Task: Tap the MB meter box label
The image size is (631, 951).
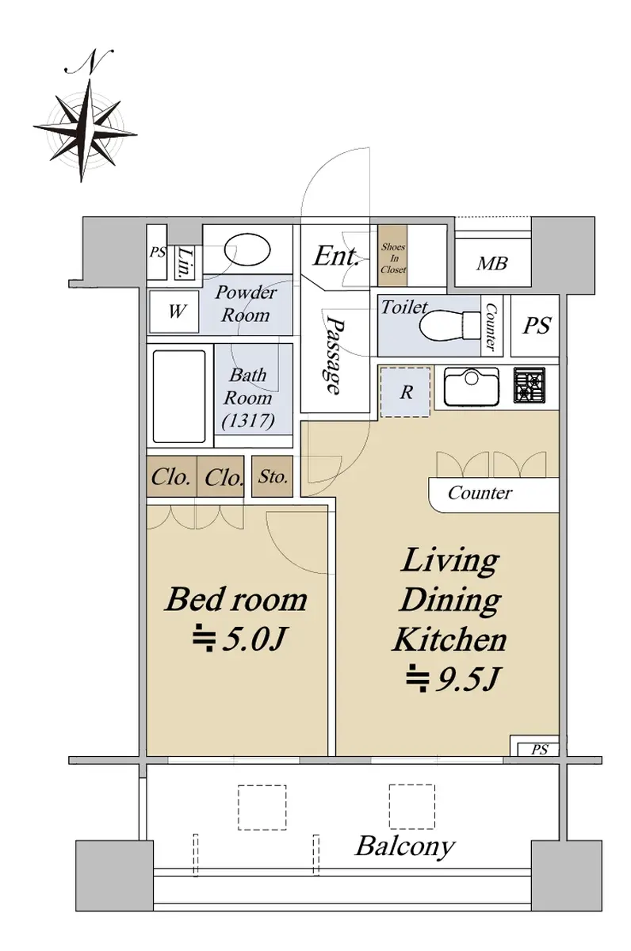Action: (x=491, y=264)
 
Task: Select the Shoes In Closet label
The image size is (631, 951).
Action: (x=392, y=258)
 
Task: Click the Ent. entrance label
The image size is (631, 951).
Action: (x=336, y=257)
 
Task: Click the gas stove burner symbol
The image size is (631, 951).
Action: (x=529, y=384)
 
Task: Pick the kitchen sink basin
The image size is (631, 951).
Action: (x=471, y=386)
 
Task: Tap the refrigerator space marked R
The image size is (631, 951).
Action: (x=405, y=391)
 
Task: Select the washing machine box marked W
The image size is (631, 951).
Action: (x=174, y=311)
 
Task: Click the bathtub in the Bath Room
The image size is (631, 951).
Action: (x=179, y=396)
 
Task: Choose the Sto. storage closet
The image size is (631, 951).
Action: (x=272, y=476)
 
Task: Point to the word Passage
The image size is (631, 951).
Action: (x=333, y=356)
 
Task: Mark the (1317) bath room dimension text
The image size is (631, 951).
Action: (x=248, y=420)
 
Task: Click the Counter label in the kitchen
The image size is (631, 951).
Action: (x=480, y=493)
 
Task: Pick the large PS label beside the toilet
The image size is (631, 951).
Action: (x=537, y=326)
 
